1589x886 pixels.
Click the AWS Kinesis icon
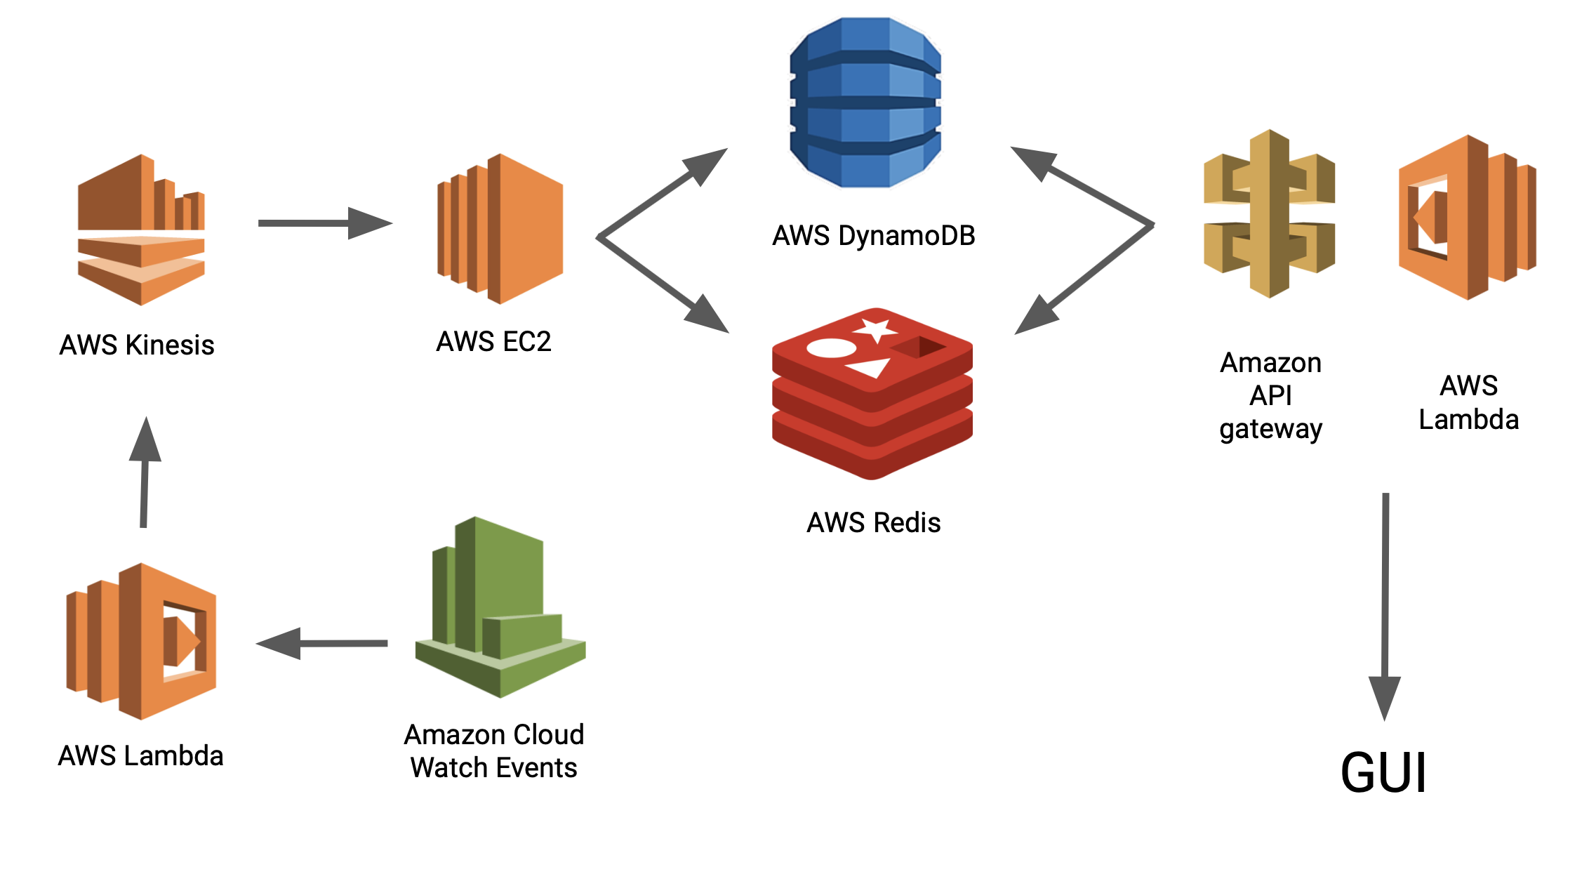point(141,230)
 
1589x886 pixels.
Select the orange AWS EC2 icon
point(500,229)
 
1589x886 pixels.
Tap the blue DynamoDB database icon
point(865,103)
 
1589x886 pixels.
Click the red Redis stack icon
point(872,393)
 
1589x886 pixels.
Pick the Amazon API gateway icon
point(1269,213)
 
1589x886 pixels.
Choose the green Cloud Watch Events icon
point(500,608)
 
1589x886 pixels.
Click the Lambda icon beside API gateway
point(1467,217)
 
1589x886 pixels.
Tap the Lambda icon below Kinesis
point(141,641)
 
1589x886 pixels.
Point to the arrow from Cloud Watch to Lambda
point(322,643)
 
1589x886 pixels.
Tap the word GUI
point(1383,773)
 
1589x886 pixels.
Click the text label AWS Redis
point(873,523)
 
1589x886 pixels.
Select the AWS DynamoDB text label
point(873,236)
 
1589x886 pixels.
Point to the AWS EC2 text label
point(493,342)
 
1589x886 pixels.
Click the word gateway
point(1270,429)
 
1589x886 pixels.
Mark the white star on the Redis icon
point(875,329)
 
